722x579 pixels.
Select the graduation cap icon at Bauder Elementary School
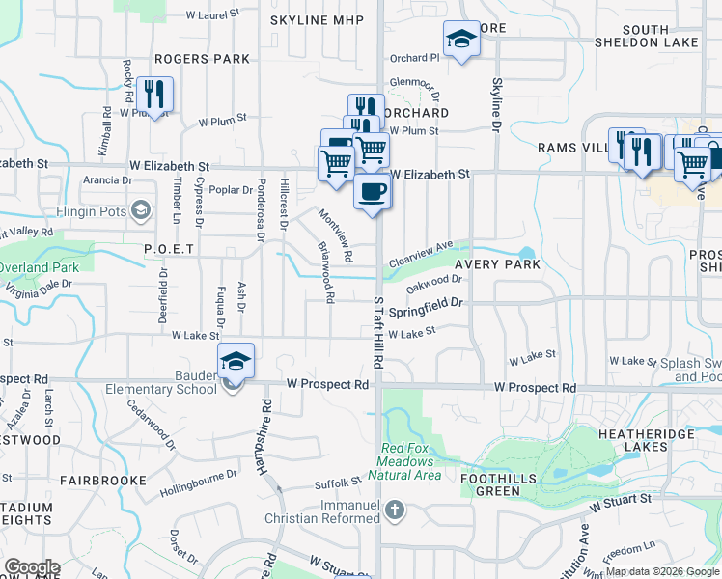pos(236,360)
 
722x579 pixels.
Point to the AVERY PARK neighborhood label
pos(498,264)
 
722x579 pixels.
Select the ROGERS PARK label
pos(202,59)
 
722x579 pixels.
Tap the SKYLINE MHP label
pos(318,20)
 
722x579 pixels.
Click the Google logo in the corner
pos(31,567)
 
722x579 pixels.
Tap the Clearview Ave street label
pos(421,255)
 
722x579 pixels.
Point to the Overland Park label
pos(39,266)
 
